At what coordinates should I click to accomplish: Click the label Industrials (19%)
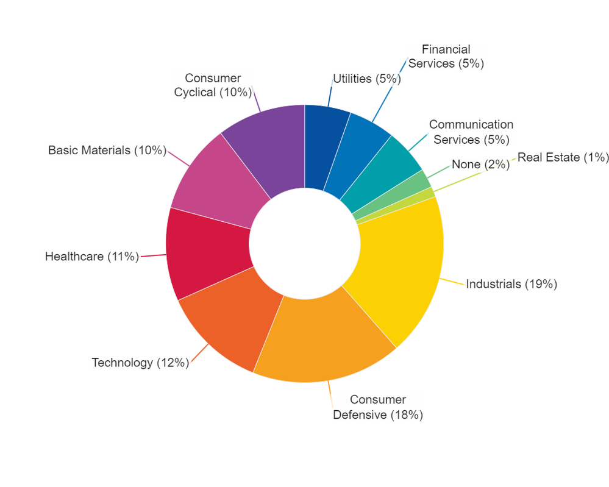click(511, 284)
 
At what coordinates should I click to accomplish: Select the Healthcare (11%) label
click(92, 257)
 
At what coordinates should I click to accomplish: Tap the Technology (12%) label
click(140, 362)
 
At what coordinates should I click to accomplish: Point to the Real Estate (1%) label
click(563, 157)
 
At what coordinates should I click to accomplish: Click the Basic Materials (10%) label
click(107, 151)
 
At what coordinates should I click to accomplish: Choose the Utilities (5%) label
click(367, 79)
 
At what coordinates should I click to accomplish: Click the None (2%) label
click(481, 165)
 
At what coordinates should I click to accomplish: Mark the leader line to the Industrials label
click(452, 282)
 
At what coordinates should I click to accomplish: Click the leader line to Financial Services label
click(390, 90)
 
